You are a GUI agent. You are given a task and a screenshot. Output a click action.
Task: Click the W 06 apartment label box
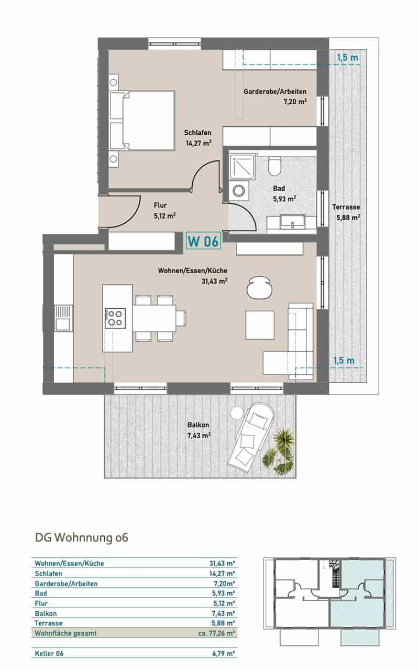[204, 241]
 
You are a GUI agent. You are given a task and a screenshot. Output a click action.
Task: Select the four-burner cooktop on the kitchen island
[115, 318]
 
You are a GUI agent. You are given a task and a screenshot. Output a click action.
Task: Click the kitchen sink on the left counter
[63, 318]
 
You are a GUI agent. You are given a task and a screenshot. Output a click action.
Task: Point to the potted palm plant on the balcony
[280, 452]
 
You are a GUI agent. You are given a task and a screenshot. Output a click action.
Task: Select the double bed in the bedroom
[142, 121]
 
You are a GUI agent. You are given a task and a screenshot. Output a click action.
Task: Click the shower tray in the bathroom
[242, 167]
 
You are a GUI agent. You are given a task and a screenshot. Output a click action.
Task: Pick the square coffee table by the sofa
[260, 325]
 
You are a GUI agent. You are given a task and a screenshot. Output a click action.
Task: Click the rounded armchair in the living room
[259, 287]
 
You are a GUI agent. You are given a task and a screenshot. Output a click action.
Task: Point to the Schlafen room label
[197, 133]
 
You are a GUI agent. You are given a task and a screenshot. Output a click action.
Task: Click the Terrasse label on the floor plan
[346, 207]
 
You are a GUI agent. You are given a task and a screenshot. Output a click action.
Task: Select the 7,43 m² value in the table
[223, 613]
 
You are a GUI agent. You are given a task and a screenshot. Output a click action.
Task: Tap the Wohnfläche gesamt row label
[65, 634]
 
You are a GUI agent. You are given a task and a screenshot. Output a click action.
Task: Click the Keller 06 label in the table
[49, 654]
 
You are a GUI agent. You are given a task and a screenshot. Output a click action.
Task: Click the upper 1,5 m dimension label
[347, 57]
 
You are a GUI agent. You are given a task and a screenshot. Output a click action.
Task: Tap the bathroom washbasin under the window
[292, 222]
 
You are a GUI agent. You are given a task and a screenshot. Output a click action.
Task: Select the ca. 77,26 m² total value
[216, 634]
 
